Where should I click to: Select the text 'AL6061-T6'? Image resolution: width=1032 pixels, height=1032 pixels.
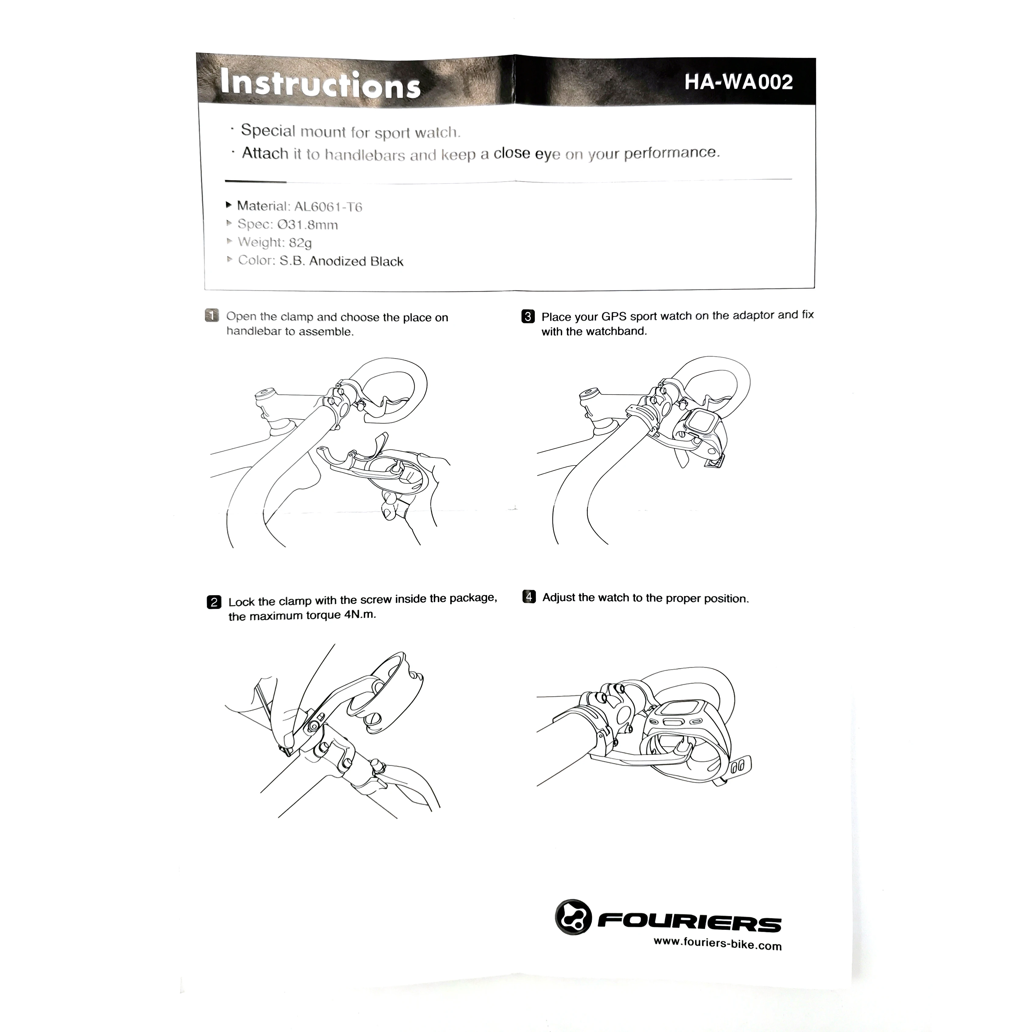click(328, 207)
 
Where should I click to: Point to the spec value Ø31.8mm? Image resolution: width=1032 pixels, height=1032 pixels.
click(308, 225)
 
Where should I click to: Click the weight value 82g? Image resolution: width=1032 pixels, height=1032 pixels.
click(300, 243)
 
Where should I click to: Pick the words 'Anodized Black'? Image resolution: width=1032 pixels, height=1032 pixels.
click(356, 261)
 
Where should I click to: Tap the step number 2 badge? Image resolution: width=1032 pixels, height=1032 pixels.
click(214, 602)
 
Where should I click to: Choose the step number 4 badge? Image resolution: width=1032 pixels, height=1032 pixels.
click(529, 597)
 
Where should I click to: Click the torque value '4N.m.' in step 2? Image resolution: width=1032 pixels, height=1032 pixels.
click(360, 615)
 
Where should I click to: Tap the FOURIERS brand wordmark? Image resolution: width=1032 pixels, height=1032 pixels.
click(689, 921)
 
